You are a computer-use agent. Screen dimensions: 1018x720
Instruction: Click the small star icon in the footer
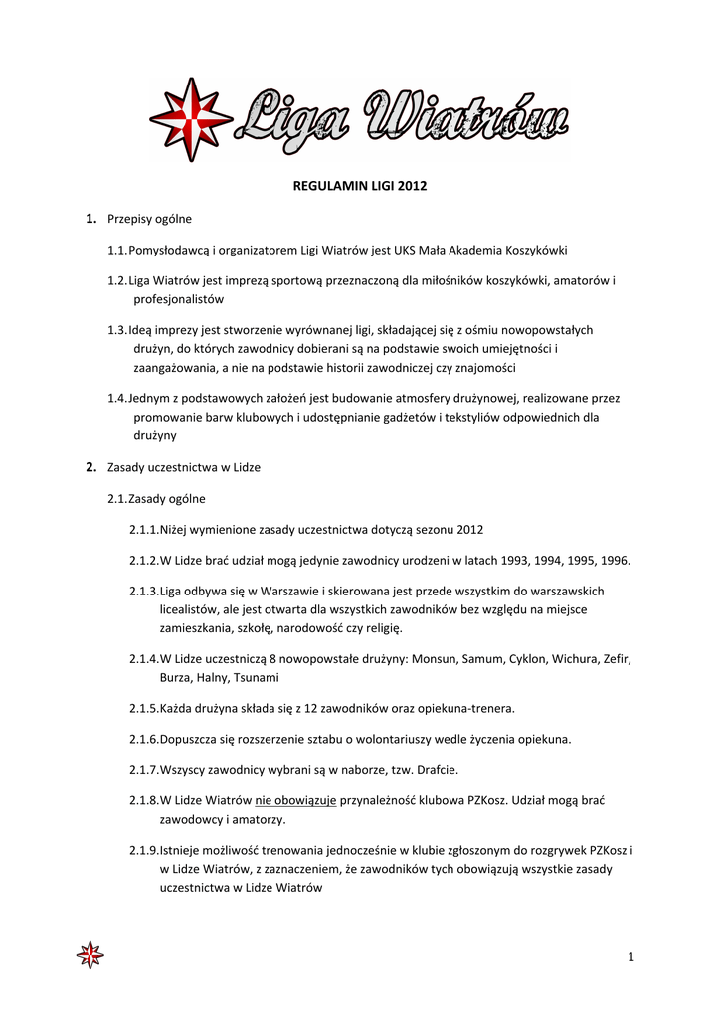click(90, 956)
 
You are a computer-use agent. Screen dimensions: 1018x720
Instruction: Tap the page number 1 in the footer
click(630, 957)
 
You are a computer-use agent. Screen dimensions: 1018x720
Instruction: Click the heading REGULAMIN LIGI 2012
click(359, 186)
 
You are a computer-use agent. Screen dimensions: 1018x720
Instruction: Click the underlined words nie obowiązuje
click(296, 800)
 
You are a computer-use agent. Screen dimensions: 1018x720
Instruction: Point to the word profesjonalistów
click(179, 298)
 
